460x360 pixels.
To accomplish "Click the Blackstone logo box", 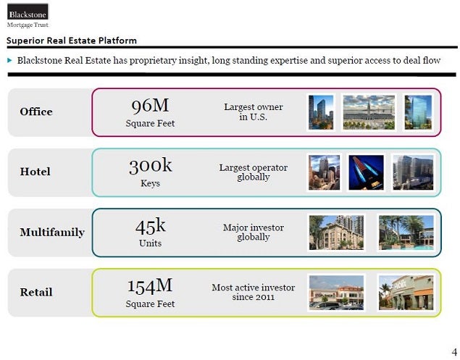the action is coord(28,12).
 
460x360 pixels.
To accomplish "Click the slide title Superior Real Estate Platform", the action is coord(72,41).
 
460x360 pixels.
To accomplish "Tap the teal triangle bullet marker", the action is coord(9,60).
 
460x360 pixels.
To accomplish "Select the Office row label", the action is coord(36,112).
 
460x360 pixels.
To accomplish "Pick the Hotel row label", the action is coord(35,172).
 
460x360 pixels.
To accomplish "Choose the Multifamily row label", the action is coord(52,233).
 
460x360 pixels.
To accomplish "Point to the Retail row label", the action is coord(36,292).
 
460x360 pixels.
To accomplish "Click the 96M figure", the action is coord(150,106).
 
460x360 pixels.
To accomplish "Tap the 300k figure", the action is coord(150,166).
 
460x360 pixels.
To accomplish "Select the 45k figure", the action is coord(150,227).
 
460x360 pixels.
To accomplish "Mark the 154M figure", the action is coord(150,286).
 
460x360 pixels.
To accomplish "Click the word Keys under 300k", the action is coord(150,184).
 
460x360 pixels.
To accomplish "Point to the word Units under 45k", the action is coord(150,243).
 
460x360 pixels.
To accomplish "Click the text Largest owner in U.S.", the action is coord(254,112).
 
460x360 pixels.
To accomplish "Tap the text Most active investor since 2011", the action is coord(254,292).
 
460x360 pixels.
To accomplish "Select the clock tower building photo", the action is coord(369,112).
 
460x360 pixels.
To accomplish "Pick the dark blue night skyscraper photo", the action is coord(366,172).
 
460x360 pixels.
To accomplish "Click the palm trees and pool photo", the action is coord(406,233).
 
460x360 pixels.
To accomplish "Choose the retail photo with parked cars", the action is coord(337,293).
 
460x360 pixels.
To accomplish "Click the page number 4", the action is coord(454,352).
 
